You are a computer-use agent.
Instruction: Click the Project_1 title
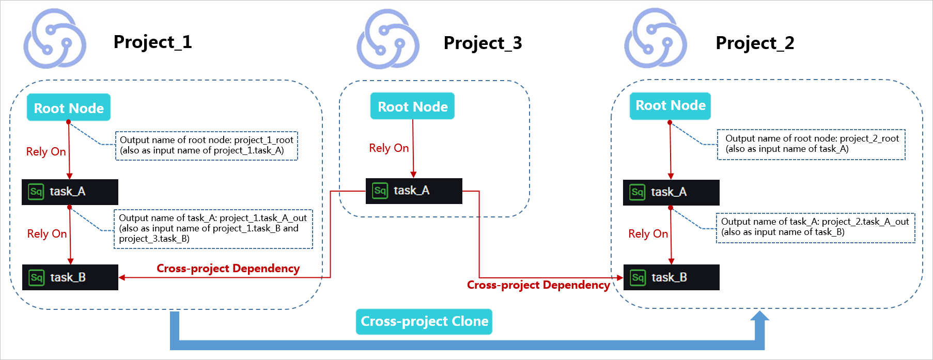click(x=152, y=42)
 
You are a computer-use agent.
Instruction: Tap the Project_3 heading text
click(x=483, y=43)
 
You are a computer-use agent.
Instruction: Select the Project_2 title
click(x=755, y=43)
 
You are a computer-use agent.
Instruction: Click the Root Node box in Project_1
click(x=69, y=107)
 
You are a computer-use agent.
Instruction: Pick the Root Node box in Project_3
click(x=412, y=106)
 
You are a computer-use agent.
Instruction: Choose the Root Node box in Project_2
click(x=670, y=106)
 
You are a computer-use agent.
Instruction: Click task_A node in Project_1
click(x=70, y=192)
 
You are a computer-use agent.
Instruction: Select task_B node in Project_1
click(x=70, y=277)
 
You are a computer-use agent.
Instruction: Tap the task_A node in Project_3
click(x=413, y=191)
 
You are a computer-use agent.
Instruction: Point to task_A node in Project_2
click(x=671, y=192)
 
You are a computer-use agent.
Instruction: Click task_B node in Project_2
click(x=671, y=277)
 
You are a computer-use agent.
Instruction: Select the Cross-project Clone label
click(x=424, y=321)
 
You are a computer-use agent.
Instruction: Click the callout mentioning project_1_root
click(x=207, y=146)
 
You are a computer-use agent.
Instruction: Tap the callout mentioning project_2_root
click(x=811, y=144)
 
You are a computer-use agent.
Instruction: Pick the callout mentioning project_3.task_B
click(x=213, y=228)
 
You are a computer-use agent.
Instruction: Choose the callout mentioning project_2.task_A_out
click(x=815, y=227)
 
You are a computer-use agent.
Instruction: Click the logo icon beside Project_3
click(x=387, y=39)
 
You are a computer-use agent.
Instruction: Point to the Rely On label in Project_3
click(x=388, y=148)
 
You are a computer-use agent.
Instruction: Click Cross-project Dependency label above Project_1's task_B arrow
click(x=228, y=269)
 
